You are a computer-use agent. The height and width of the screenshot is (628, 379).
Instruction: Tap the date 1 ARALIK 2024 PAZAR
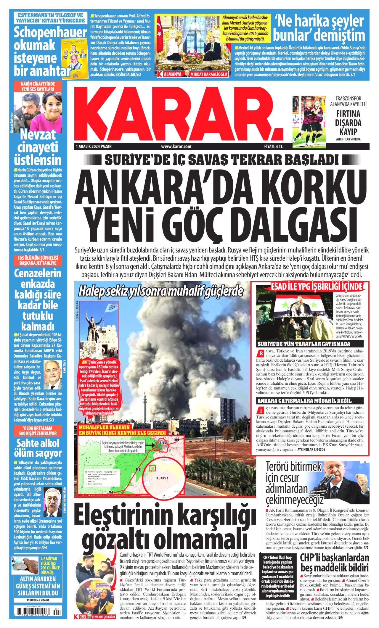point(94,146)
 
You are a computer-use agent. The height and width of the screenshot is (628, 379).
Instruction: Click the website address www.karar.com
point(176,146)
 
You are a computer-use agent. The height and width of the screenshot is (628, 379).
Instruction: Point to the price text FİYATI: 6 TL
point(273,146)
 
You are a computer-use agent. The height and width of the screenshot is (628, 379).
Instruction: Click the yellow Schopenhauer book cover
point(74,58)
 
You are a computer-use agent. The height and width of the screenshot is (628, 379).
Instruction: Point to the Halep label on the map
point(162,442)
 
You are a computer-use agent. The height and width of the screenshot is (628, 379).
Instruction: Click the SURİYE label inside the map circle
point(162,478)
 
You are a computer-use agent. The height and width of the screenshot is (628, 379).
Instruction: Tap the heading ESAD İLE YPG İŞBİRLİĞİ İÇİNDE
point(317,286)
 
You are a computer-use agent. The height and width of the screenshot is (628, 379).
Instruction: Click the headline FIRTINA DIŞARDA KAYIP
point(348,123)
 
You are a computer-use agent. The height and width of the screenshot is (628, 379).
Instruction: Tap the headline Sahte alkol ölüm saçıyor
point(38,448)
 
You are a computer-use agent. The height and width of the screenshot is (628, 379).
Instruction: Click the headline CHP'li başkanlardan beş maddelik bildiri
point(335,563)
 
